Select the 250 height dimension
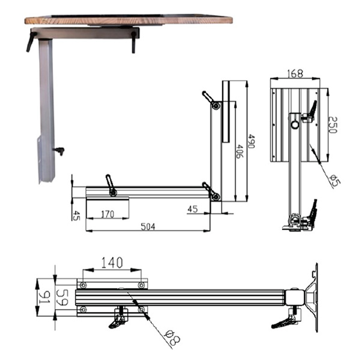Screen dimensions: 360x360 (333, 125)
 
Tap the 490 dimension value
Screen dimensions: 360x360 (251, 141)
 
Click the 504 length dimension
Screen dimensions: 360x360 (148, 226)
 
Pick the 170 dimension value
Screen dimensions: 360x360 (107, 214)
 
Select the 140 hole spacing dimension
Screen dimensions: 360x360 (112, 262)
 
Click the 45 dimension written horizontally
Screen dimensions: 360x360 (192, 209)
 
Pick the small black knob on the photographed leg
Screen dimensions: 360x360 (59, 151)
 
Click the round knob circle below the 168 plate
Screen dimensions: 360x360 (295, 125)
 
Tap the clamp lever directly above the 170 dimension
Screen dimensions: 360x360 (110, 185)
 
